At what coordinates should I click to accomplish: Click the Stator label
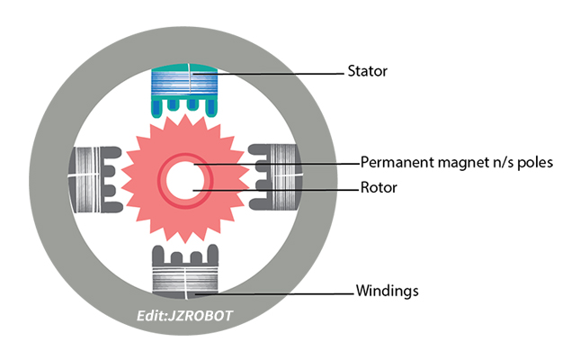pos(367,71)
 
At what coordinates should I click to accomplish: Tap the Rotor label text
pos(379,189)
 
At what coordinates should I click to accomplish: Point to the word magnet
pos(461,163)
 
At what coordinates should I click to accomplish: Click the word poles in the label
pos(533,163)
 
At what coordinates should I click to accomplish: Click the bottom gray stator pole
pos(183,270)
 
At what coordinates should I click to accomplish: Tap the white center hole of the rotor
pos(190,178)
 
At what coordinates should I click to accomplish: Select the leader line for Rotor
pos(288,190)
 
